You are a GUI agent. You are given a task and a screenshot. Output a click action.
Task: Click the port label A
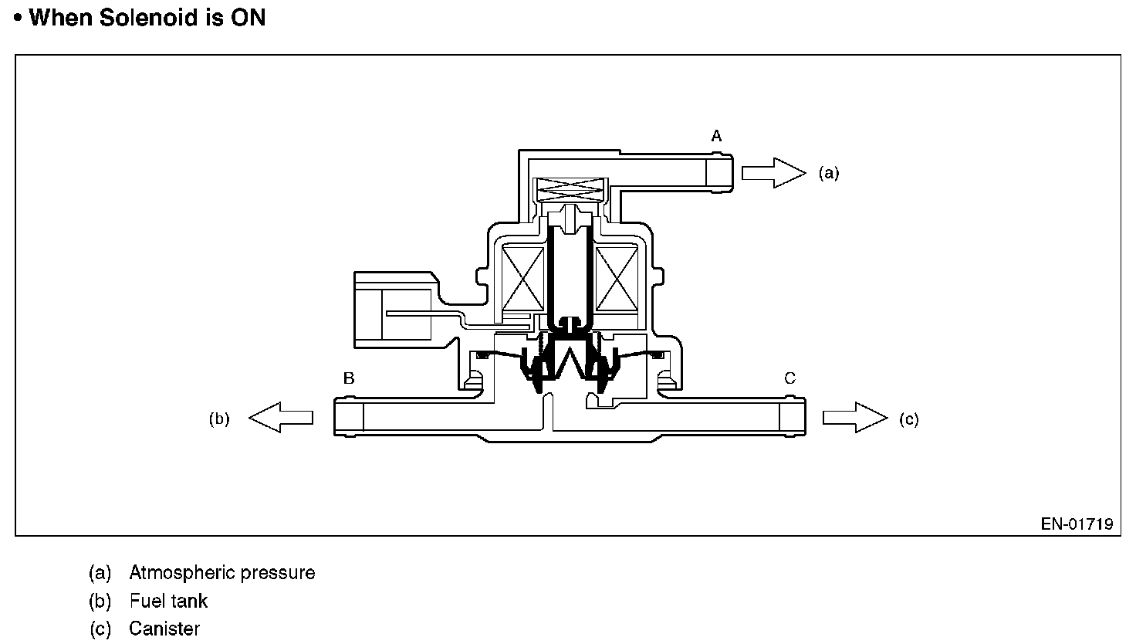pyautogui.click(x=716, y=137)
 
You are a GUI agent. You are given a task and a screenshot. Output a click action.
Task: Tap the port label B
pyautogui.click(x=349, y=378)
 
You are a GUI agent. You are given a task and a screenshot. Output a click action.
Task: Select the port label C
pyautogui.click(x=789, y=378)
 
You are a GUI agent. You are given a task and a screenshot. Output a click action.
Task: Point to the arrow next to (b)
pyautogui.click(x=281, y=418)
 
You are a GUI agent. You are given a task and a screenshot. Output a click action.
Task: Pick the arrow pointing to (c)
pyautogui.click(x=855, y=418)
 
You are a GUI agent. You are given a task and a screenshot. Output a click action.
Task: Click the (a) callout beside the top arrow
pyautogui.click(x=828, y=173)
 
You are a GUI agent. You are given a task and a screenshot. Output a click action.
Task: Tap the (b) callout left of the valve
pyautogui.click(x=220, y=419)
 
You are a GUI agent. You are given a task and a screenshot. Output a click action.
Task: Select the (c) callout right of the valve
pyautogui.click(x=909, y=419)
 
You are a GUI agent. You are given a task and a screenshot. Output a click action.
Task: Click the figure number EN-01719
pyautogui.click(x=1077, y=524)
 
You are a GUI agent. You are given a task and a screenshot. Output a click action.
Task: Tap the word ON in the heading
pyautogui.click(x=248, y=18)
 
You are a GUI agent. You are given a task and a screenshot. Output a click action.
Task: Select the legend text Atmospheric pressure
pyautogui.click(x=222, y=573)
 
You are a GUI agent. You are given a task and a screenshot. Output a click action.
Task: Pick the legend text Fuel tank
pyautogui.click(x=168, y=601)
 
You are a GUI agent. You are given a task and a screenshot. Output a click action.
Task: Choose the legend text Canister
pyautogui.click(x=164, y=629)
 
